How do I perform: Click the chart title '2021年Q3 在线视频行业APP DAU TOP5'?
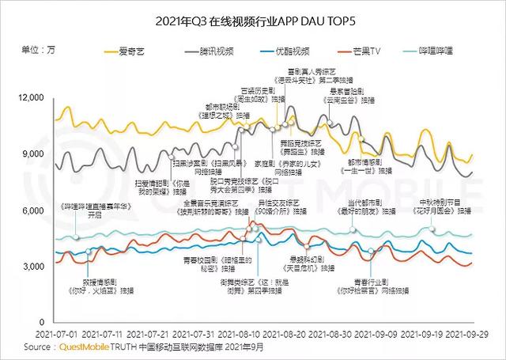(x=252, y=19)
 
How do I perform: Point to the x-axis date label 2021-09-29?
(x=474, y=335)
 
